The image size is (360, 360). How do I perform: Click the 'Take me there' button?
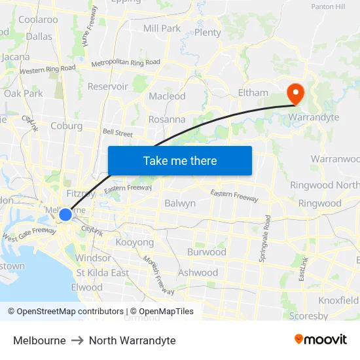pos(179,160)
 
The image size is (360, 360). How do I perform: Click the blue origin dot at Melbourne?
pos(65,214)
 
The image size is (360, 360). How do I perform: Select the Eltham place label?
pos(253,93)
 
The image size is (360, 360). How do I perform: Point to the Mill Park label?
pos(162,28)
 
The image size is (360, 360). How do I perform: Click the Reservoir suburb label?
pos(107,86)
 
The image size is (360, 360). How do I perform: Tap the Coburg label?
pos(66,126)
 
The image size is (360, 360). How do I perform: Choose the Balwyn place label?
pos(180,203)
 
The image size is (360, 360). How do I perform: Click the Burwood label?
pos(206,252)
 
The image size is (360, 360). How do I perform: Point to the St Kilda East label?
pos(103,272)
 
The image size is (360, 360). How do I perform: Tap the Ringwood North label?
pos(325,185)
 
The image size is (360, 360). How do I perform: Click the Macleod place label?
pos(167,96)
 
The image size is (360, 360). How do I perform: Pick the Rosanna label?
pos(167,120)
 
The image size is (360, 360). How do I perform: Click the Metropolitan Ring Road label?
pos(125,63)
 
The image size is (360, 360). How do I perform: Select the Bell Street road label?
pos(118,133)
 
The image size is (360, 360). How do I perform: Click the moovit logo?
pos(320,340)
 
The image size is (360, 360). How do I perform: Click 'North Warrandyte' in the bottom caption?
pos(132,340)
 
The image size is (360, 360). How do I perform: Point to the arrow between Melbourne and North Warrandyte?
pos(77,340)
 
